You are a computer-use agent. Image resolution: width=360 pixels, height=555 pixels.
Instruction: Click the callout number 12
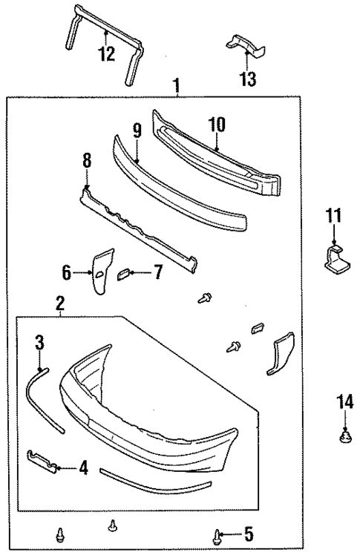tap(106, 53)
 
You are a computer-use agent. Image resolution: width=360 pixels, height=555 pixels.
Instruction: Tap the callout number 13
tap(249, 78)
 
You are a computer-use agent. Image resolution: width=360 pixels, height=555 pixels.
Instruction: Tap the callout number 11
tap(333, 217)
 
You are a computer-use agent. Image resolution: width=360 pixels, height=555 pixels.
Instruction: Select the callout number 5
tap(249, 533)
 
